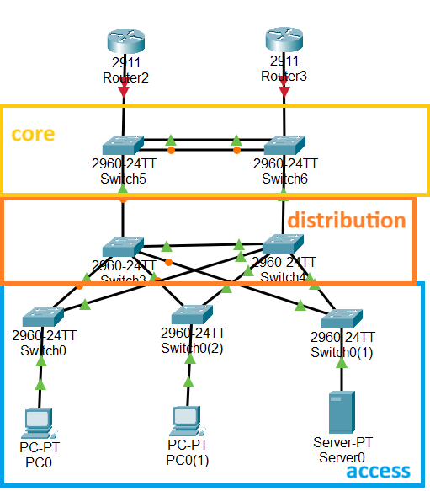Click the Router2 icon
point(125,41)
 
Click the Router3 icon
point(284,40)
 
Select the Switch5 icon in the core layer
point(124,145)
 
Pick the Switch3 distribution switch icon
point(124,248)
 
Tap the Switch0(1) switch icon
point(341,318)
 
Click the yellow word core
point(33,134)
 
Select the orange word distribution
point(346,221)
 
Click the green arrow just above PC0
point(40,384)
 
